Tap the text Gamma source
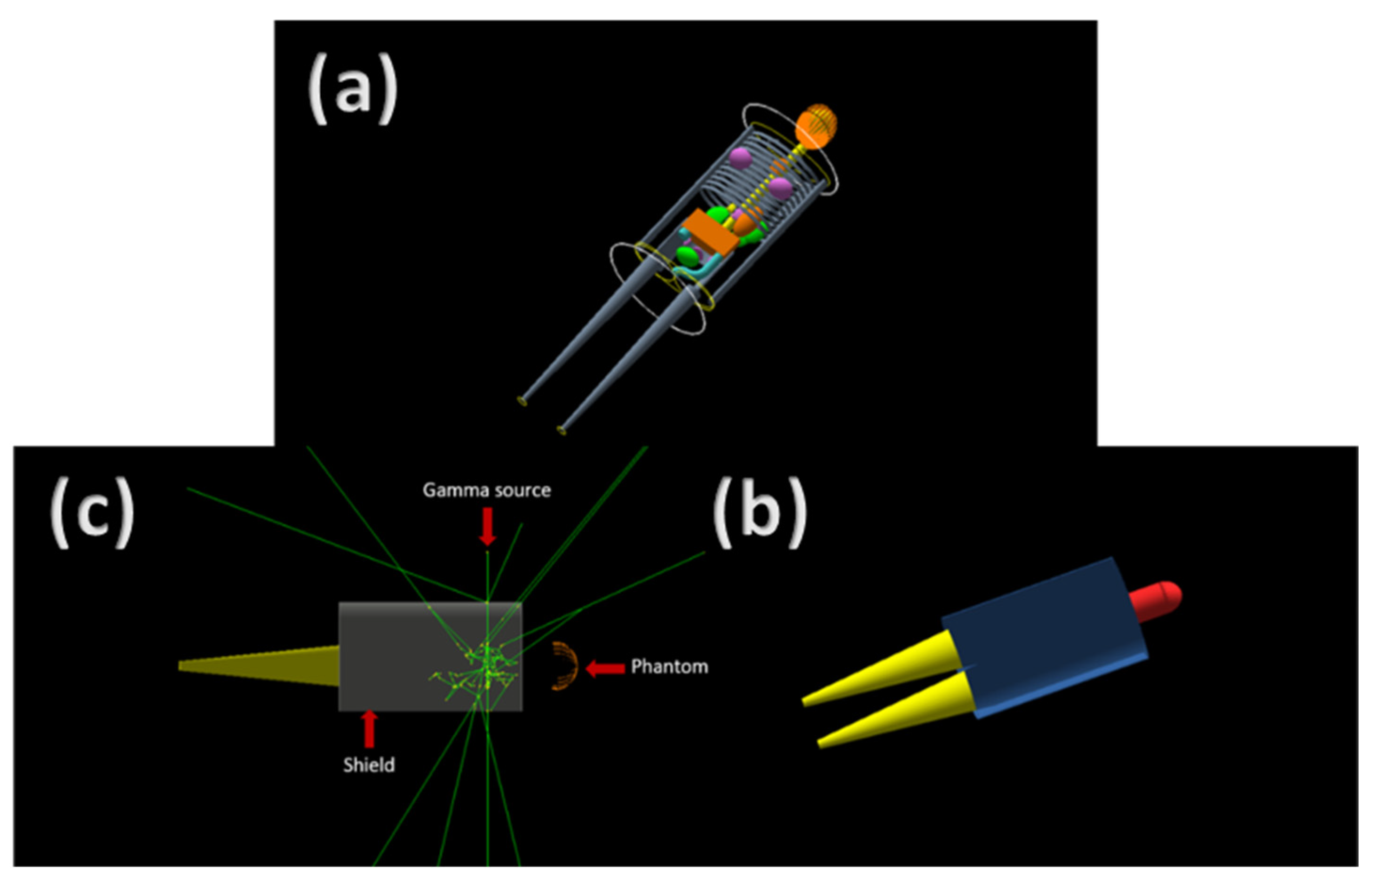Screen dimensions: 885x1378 [487, 490]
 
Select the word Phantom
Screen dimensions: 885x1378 [669, 667]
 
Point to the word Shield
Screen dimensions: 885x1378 [369, 765]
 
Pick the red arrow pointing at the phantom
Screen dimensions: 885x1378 [605, 668]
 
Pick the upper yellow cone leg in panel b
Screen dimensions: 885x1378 [885, 667]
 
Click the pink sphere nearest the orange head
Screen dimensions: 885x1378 [740, 158]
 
